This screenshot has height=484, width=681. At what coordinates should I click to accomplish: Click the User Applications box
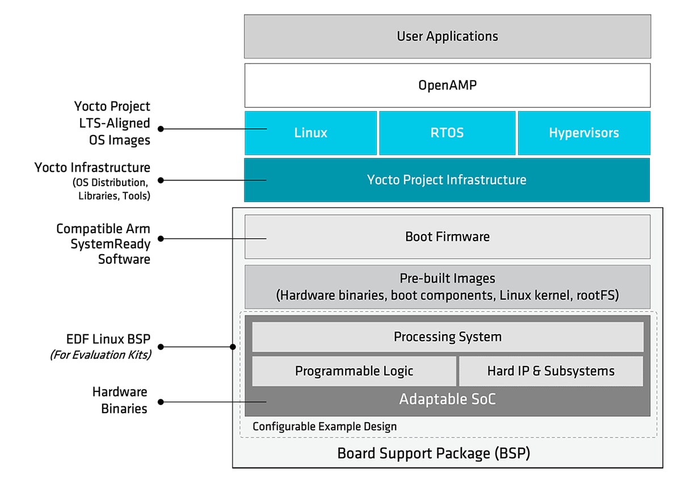447,36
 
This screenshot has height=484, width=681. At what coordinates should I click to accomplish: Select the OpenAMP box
447,85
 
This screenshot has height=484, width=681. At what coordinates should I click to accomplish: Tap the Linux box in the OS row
310,133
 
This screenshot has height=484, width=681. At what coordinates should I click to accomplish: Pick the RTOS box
447,133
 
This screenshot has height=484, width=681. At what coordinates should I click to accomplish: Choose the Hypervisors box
584,133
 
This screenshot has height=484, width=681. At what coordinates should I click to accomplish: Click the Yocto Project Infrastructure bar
447,180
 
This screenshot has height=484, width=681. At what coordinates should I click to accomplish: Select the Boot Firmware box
447,237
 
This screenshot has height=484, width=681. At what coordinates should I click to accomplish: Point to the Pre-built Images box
447,287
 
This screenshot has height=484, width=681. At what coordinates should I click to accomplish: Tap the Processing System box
447,337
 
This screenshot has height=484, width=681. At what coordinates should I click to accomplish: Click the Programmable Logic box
354,371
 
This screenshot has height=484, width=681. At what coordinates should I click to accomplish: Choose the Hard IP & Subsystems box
550,371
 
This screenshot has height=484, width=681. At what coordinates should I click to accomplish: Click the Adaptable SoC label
447,399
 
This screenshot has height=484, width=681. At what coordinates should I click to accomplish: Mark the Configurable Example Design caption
325,426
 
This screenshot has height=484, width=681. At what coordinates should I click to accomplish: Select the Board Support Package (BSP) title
434,454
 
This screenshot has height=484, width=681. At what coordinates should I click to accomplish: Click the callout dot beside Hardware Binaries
161,402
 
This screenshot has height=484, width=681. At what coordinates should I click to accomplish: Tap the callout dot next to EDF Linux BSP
161,346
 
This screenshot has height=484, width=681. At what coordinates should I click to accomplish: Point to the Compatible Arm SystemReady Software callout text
103,244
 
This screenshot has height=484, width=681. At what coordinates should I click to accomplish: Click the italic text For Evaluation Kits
100,355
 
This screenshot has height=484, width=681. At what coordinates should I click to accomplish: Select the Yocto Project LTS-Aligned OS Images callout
112,123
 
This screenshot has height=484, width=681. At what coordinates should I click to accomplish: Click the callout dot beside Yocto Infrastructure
161,180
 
